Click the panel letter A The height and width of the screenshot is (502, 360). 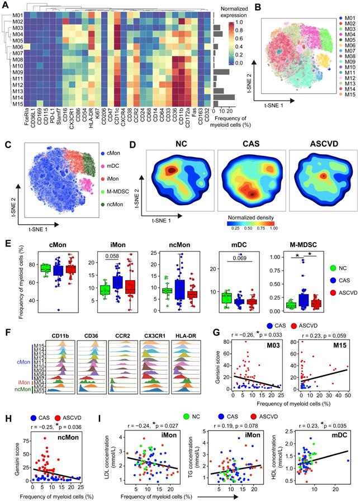pos(6,6)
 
